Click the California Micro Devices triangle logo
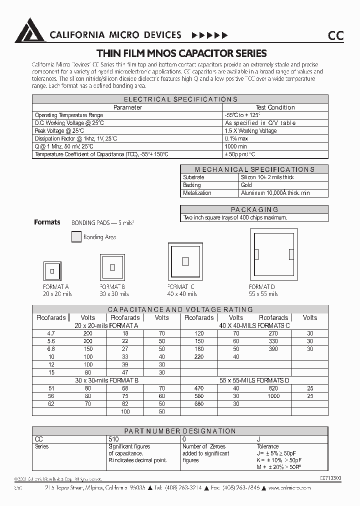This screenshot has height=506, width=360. pos(30,31)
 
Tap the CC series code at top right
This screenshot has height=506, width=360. pos(335,35)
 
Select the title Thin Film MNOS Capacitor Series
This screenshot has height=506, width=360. pos(181,53)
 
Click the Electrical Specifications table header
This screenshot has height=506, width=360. pos(180,99)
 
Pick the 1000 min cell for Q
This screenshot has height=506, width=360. pos(236,146)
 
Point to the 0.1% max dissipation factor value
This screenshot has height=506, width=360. pos(236,138)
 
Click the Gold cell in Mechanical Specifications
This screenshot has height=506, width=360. pos(246,185)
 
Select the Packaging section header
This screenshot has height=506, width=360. pos(254,209)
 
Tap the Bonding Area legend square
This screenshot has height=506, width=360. pos(76,237)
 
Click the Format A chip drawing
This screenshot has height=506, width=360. pos(51,271)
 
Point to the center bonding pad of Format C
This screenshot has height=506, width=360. pos(185,261)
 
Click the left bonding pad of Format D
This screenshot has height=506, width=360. pos(257,254)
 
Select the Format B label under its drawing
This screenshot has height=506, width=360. pos(113,287)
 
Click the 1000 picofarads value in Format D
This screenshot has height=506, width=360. pos(273,395)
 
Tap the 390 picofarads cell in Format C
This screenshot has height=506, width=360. pos(273,348)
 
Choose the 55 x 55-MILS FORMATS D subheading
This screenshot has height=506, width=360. pos(254,380)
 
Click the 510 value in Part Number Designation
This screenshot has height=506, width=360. pos(113,439)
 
